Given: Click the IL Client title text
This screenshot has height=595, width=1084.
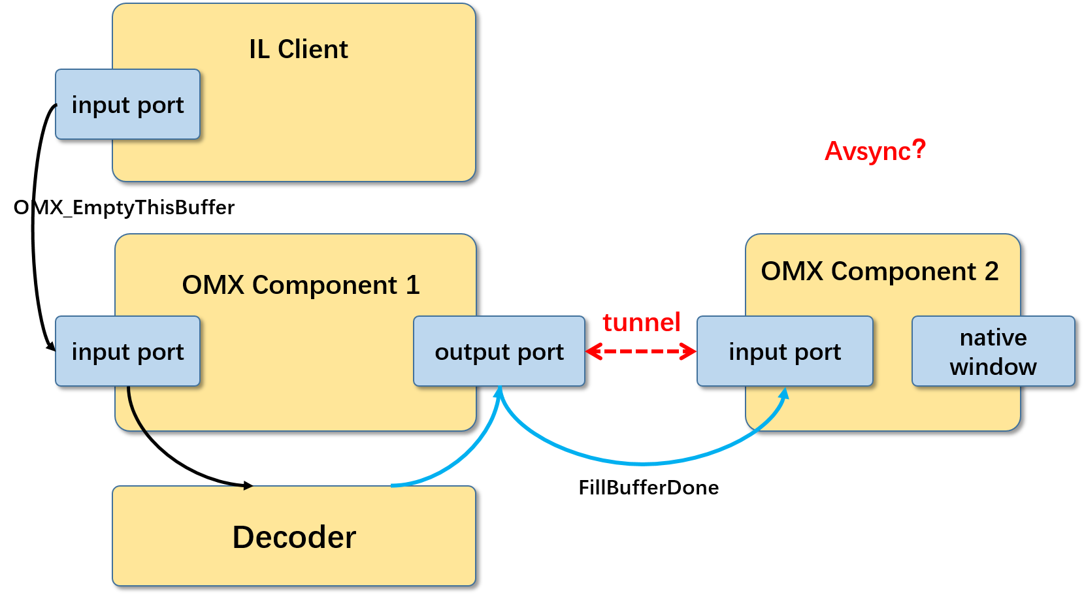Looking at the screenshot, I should [298, 50].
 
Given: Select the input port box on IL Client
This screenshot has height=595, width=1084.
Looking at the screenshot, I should [127, 105].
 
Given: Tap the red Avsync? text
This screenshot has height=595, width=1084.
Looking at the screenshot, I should [875, 151].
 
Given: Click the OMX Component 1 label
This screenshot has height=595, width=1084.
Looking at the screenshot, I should [301, 285].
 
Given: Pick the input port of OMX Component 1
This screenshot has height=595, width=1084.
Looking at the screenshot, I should [127, 351].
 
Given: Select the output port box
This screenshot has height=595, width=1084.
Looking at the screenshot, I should [499, 351].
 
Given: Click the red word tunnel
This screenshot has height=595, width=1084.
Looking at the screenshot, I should [641, 323].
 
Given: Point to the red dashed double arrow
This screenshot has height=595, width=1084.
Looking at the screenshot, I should [641, 351].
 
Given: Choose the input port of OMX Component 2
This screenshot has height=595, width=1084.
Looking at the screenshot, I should [785, 351].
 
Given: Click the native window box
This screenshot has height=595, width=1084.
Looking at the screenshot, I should [993, 351].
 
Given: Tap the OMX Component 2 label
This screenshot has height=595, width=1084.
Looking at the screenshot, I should [879, 271].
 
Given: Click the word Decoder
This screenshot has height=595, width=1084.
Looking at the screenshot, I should [294, 537].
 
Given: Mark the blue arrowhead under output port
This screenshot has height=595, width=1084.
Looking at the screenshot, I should [499, 392].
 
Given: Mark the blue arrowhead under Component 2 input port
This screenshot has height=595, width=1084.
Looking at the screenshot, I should [785, 393].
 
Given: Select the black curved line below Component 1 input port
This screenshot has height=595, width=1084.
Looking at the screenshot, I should [135, 411].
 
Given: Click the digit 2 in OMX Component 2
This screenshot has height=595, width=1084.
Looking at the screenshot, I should [991, 271].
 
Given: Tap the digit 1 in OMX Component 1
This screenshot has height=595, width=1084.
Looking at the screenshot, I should [412, 285].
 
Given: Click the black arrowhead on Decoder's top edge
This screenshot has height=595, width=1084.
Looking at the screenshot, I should [248, 487].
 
